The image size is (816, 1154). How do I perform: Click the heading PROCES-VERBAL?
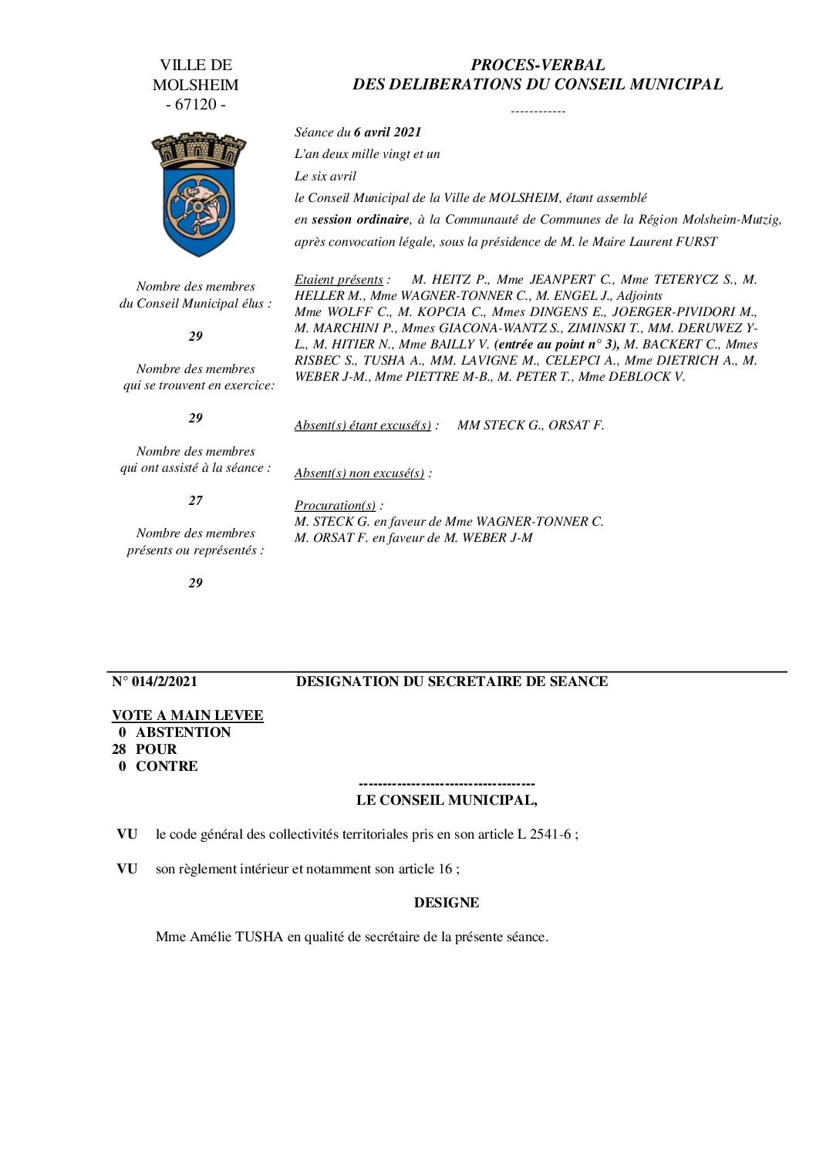point(538,66)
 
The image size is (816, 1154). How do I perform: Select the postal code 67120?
point(196,105)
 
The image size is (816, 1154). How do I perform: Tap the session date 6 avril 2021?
point(387,132)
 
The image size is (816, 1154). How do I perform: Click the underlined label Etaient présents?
point(339,280)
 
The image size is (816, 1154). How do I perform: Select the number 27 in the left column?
point(196,500)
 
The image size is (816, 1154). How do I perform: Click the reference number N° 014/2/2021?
point(154,681)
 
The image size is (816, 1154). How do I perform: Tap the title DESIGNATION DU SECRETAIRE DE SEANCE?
point(452,681)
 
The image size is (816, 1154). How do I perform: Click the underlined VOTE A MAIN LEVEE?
point(187,715)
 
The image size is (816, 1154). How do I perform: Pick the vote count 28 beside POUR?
point(120,749)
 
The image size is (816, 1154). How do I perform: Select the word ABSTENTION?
point(184,732)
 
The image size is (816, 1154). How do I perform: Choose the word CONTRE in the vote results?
point(167,766)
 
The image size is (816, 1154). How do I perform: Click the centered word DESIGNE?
point(447,903)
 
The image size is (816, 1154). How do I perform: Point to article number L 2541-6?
point(544,834)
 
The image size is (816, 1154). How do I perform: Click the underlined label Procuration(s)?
point(336,506)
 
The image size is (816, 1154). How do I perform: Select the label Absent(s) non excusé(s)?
point(359,473)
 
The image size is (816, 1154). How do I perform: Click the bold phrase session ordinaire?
point(360,220)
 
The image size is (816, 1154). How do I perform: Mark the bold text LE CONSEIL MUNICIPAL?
point(447,800)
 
